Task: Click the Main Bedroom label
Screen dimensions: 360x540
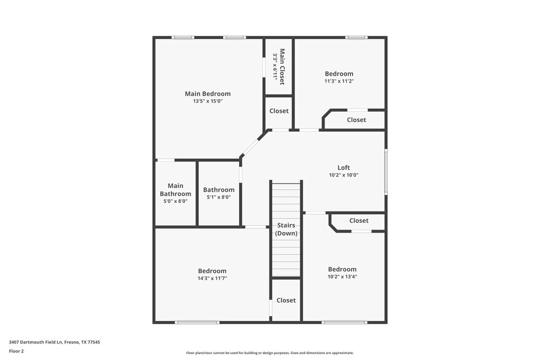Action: (x=207, y=93)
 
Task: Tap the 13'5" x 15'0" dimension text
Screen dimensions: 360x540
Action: (x=207, y=101)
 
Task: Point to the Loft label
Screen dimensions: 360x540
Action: (x=343, y=167)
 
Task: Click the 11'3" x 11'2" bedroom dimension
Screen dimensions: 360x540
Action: (x=339, y=81)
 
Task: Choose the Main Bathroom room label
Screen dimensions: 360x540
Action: (x=175, y=189)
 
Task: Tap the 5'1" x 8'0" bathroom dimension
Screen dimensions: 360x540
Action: (x=219, y=197)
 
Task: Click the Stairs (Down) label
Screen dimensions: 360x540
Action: (x=286, y=229)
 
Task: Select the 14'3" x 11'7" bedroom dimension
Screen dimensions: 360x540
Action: (x=212, y=279)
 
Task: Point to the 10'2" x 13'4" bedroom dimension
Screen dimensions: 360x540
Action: (x=342, y=276)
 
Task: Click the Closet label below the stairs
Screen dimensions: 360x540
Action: (x=286, y=300)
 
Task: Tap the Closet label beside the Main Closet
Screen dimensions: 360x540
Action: (x=279, y=111)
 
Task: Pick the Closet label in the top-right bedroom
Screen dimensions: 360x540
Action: (x=356, y=120)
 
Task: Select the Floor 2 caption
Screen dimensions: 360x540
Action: (x=16, y=351)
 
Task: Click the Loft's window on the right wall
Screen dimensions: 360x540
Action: (x=386, y=171)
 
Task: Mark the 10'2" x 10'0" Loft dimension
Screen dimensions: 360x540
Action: (x=343, y=175)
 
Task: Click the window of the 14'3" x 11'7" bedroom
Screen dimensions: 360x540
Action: (x=197, y=323)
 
